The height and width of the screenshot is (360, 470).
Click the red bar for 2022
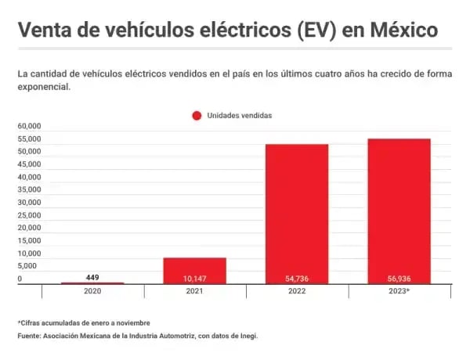click(x=296, y=213)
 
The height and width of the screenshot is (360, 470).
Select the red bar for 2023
click(x=399, y=211)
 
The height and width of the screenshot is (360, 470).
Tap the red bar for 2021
click(x=194, y=270)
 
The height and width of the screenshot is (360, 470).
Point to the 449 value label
click(x=92, y=276)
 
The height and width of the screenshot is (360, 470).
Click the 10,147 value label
click(x=194, y=278)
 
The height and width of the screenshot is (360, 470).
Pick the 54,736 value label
click(x=296, y=278)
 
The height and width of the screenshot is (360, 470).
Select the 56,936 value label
click(x=399, y=278)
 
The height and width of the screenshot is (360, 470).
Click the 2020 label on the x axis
click(x=92, y=290)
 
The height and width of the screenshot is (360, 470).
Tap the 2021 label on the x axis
click(x=194, y=290)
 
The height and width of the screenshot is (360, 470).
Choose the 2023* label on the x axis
click(x=399, y=290)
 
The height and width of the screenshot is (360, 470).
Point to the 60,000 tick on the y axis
click(x=29, y=126)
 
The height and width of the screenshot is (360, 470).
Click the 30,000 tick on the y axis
click(x=29, y=202)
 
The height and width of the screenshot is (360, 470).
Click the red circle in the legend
click(x=197, y=115)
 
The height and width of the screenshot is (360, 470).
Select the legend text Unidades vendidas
click(x=239, y=115)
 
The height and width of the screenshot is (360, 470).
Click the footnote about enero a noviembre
click(x=84, y=322)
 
